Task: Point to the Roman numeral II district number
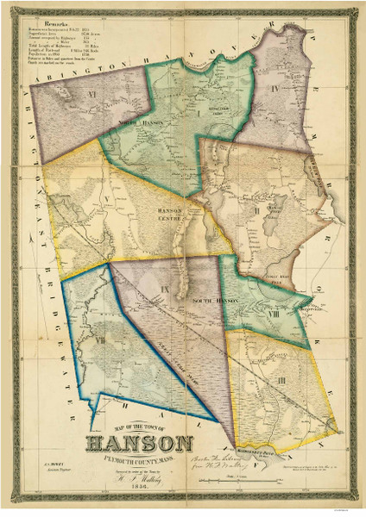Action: (257, 209)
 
